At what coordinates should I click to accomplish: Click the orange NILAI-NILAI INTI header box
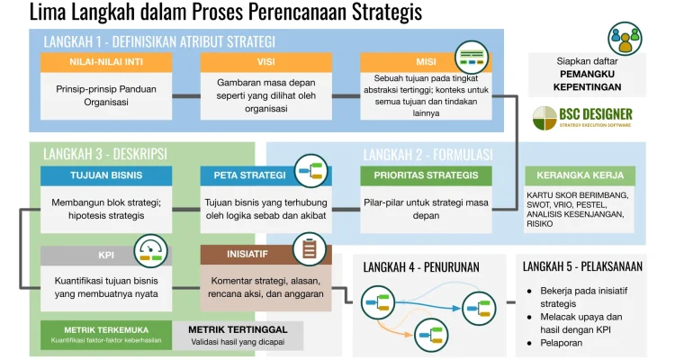[x=107, y=62]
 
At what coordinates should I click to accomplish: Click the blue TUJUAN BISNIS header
[x=107, y=175]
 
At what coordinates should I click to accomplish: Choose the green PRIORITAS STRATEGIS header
[x=426, y=175]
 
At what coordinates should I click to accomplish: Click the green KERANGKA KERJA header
[x=580, y=175]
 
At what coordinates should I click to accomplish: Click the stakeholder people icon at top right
[x=625, y=38]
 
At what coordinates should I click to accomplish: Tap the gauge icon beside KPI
[x=150, y=251]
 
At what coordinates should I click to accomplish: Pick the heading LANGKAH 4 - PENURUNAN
[x=421, y=266]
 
